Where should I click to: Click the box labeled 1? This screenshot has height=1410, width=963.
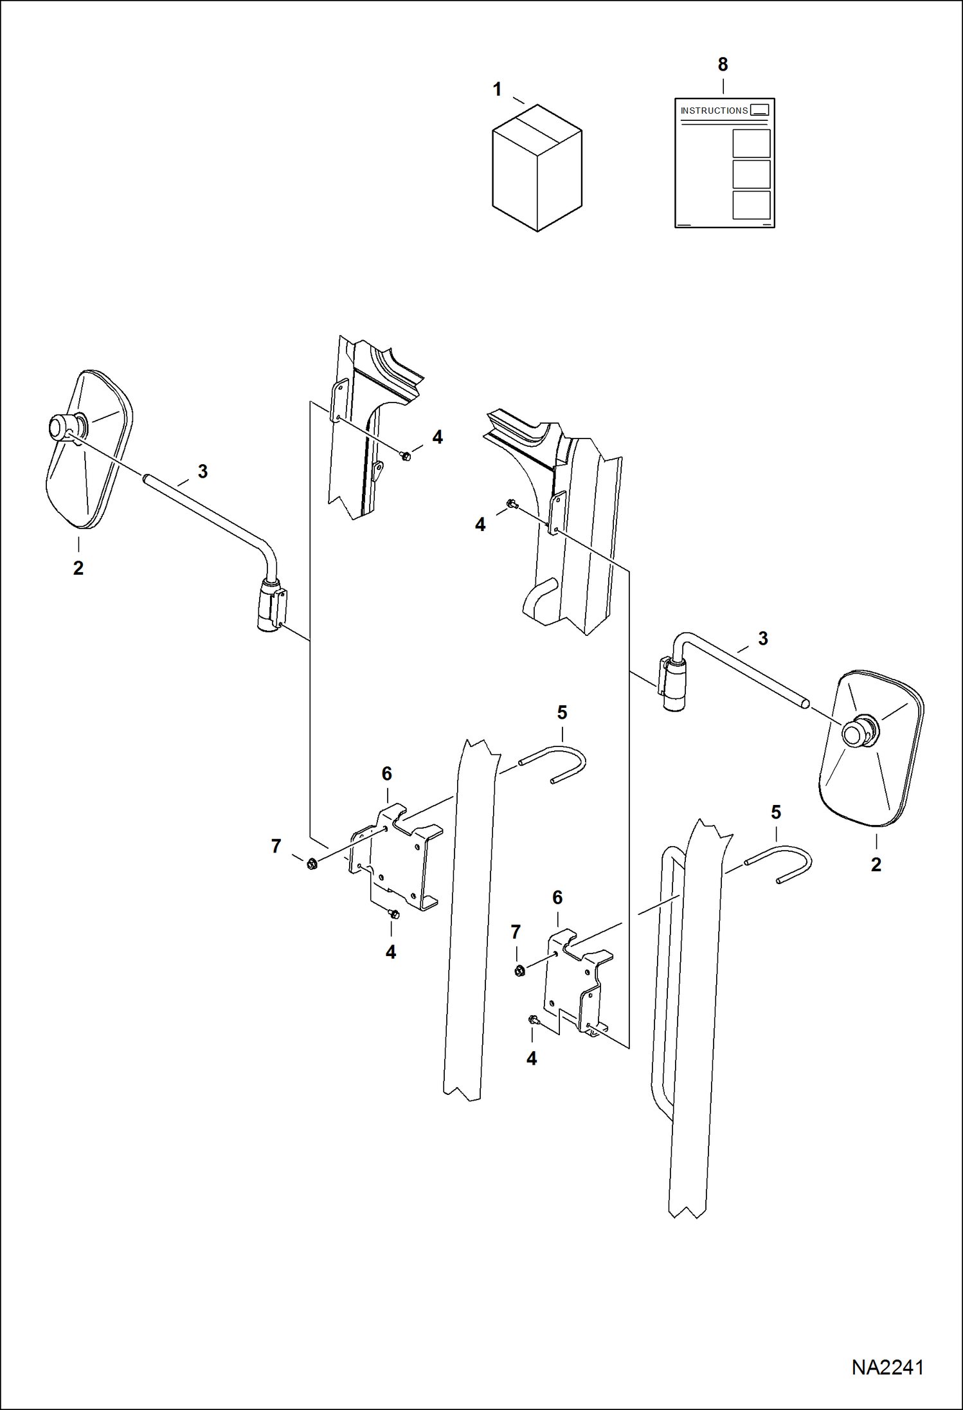point(537,168)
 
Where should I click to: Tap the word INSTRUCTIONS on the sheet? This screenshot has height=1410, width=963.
point(714,111)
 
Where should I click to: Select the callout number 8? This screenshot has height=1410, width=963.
point(723,64)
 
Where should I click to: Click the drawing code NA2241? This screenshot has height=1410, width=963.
point(887,1367)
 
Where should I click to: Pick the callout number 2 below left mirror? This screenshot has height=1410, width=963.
point(78,568)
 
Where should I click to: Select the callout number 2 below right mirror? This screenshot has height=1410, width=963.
point(876,865)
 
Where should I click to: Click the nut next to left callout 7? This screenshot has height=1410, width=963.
point(312,863)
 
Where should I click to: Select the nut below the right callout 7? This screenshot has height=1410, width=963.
point(519,971)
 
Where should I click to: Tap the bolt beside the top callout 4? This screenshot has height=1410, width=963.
point(406,456)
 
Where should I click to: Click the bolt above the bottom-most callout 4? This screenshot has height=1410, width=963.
point(534,1020)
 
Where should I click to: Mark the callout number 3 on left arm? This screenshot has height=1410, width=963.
point(203,471)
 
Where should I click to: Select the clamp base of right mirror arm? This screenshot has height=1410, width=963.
point(671,685)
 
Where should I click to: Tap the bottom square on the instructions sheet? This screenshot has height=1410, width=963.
point(751,205)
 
